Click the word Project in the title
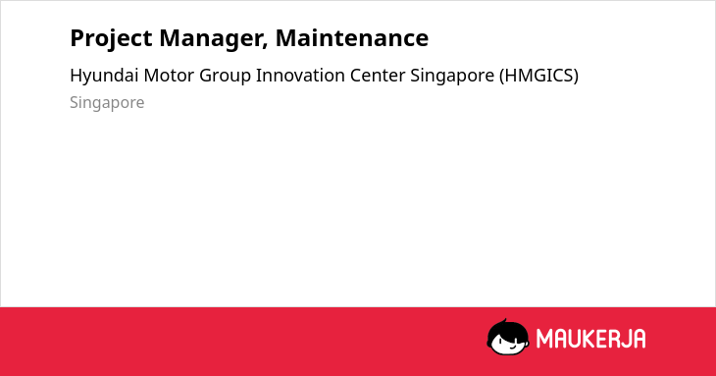(x=111, y=39)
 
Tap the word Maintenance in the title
(x=352, y=38)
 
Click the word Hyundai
(x=104, y=77)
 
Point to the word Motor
(x=169, y=76)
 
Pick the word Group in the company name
(x=226, y=77)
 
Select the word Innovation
(x=300, y=76)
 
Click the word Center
(x=378, y=76)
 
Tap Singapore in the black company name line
(x=452, y=77)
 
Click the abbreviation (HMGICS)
(x=538, y=76)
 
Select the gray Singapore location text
(x=107, y=103)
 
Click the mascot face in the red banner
(x=508, y=338)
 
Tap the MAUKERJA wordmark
(x=590, y=339)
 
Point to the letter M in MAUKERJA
(x=544, y=339)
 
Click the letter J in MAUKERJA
(x=625, y=339)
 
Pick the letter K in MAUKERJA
(x=585, y=339)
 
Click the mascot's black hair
(x=507, y=328)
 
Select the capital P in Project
(x=77, y=38)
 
